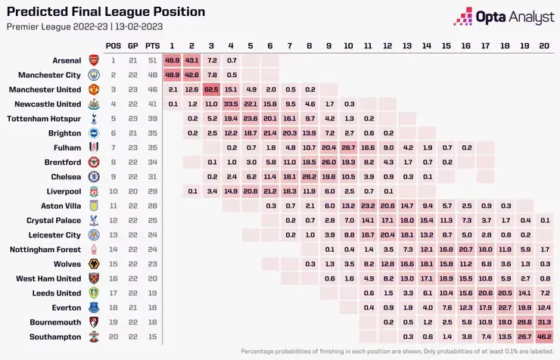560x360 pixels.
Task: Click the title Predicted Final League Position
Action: [x=106, y=12]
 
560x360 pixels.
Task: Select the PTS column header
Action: [x=153, y=45]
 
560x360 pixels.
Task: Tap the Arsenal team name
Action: [x=67, y=60]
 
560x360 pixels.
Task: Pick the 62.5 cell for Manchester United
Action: [x=211, y=89]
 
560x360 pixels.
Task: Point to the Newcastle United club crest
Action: [x=94, y=104]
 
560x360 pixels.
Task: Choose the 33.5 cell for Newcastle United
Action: [x=231, y=104]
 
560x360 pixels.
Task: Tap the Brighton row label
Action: [x=65, y=132]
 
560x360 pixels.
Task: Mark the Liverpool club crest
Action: [x=94, y=191]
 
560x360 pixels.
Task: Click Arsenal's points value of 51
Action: [x=153, y=60]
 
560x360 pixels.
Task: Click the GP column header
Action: [x=133, y=45]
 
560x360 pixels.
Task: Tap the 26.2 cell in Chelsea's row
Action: [x=310, y=176]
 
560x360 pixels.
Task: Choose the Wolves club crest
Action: [x=94, y=264]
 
